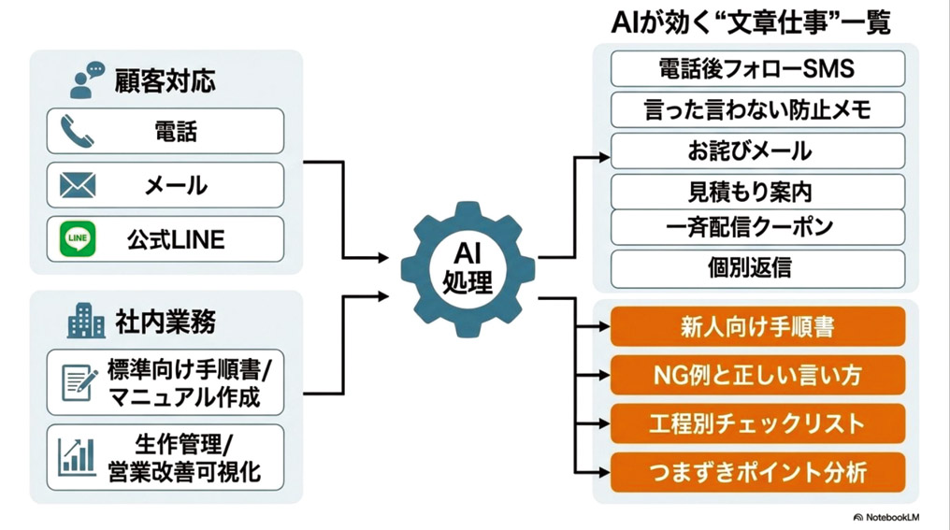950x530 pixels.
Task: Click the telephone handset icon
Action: click(77, 132)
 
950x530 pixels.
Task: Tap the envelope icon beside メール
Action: click(78, 185)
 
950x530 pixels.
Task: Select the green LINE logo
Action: click(78, 238)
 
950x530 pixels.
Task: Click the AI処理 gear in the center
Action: click(468, 269)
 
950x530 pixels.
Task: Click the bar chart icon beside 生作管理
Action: click(77, 457)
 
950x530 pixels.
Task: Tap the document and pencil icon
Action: click(79, 382)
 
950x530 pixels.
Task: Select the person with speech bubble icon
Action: click(87, 80)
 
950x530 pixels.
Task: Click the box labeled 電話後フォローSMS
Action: click(757, 69)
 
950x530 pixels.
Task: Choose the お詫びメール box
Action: click(757, 150)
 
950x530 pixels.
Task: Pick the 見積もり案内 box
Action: click(757, 192)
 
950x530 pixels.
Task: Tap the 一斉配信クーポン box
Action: click(757, 227)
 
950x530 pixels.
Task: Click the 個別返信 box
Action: click(757, 268)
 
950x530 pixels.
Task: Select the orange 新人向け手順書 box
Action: click(757, 326)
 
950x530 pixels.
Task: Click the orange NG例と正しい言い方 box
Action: click(757, 375)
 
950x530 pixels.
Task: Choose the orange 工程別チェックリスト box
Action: click(757, 423)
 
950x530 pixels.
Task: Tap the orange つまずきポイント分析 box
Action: click(757, 472)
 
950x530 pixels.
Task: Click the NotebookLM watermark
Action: click(885, 517)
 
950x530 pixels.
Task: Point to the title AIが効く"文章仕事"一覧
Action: click(751, 23)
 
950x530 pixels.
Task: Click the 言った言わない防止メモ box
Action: click(757, 109)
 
